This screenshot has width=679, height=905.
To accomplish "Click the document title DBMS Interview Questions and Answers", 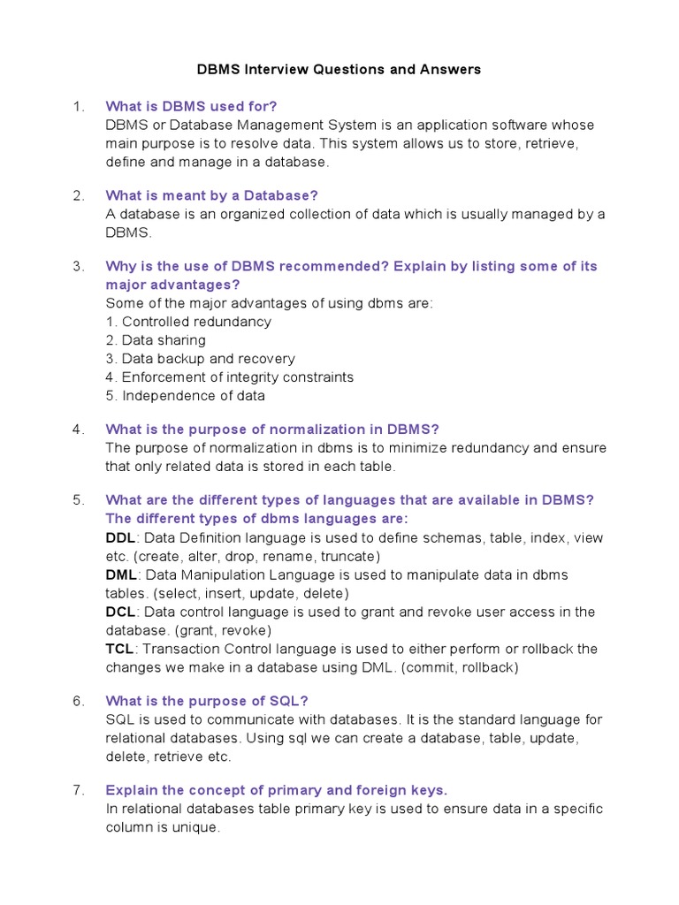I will point(339,70).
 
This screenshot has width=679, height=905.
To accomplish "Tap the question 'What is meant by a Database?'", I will point(211,195).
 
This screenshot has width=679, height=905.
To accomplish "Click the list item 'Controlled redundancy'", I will point(188,322).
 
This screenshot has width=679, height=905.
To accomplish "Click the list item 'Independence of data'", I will point(185,396).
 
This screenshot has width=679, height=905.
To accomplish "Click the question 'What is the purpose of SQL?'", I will point(206,701).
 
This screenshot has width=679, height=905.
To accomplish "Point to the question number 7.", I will point(78,789).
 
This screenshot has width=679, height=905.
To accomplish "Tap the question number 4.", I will point(78,429).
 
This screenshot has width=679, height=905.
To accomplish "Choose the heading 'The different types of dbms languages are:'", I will point(256,519).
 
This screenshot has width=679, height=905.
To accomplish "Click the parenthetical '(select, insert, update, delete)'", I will point(249,594).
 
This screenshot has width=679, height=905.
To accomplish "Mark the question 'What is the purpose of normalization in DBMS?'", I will point(271,429).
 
